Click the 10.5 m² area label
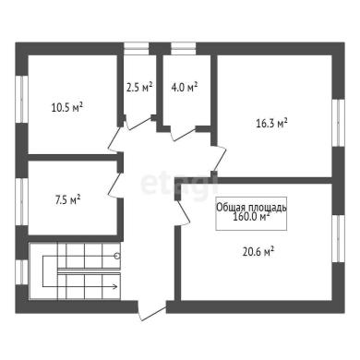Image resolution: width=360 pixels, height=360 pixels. [67, 107]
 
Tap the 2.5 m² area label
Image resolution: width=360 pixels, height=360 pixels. [139, 88]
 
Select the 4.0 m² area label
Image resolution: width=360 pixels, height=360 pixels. [184, 88]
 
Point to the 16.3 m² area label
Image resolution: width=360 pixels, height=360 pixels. [271, 124]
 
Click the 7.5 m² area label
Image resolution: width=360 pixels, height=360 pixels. [67, 200]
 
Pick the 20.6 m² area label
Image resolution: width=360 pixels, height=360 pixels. [258, 252]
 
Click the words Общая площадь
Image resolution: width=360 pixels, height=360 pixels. [251, 207]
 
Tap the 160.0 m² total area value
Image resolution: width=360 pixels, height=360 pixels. [251, 217]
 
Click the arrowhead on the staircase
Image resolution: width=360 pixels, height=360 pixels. [115, 287]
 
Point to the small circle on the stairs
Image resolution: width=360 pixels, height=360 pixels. [117, 256]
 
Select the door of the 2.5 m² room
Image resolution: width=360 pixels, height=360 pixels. [139, 122]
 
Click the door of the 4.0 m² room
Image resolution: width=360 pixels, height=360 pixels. [184, 134]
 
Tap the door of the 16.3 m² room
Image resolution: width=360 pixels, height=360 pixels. [220, 160]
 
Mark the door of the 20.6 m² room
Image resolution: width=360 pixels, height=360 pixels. [183, 213]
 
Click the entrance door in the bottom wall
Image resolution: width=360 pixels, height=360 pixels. [152, 311]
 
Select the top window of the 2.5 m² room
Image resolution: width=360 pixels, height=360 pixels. [137, 48]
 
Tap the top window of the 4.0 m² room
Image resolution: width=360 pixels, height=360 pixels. [184, 48]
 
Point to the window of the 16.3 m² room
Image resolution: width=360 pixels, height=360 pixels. [338, 123]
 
